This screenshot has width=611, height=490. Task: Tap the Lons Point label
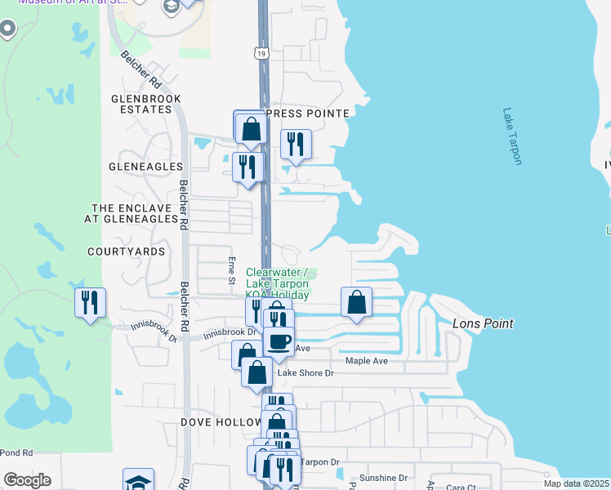click(483, 324)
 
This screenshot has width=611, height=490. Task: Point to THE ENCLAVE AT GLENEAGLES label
click(135, 213)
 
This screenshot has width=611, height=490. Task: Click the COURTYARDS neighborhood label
click(127, 252)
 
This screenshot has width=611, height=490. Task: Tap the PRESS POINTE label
click(308, 114)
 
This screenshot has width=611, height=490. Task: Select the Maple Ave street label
click(366, 360)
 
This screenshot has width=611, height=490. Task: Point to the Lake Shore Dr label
click(306, 373)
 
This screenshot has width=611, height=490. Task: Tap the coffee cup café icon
click(279, 341)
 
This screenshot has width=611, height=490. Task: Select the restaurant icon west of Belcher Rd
click(90, 302)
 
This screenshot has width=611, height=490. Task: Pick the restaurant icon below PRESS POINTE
click(296, 145)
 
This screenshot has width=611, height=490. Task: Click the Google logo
click(27, 480)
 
